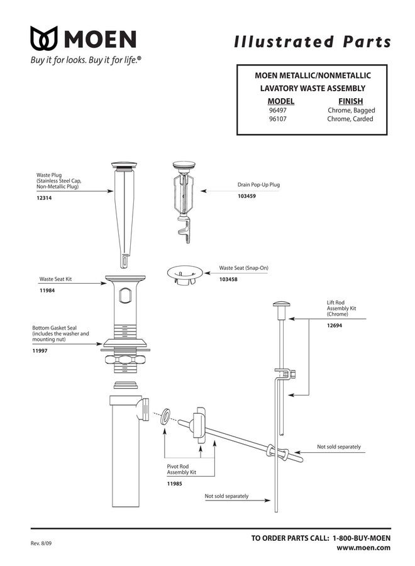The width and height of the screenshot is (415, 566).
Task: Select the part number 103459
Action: [246, 196]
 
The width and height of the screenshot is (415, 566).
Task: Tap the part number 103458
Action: [228, 279]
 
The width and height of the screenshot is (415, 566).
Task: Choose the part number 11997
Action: [41, 351]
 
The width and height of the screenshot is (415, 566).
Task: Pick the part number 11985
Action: [175, 484]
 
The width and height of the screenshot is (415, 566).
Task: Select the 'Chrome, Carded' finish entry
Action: [350, 119]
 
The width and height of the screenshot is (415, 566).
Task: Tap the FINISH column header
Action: [350, 101]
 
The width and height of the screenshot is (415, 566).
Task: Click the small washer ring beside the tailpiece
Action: [165, 416]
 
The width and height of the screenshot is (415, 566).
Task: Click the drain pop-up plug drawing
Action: [184, 198]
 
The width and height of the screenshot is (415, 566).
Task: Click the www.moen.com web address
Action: [364, 547]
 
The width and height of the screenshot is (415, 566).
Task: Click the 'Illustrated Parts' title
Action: [313, 42]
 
